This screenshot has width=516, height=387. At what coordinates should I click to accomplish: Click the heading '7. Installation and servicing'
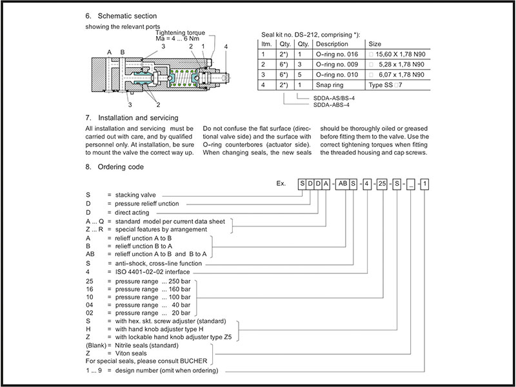(x=132, y=118)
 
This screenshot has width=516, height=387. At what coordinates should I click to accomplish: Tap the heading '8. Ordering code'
(x=114, y=166)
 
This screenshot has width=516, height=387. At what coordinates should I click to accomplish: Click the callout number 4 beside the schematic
(x=226, y=47)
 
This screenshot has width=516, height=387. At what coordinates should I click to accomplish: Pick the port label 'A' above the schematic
(x=109, y=51)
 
